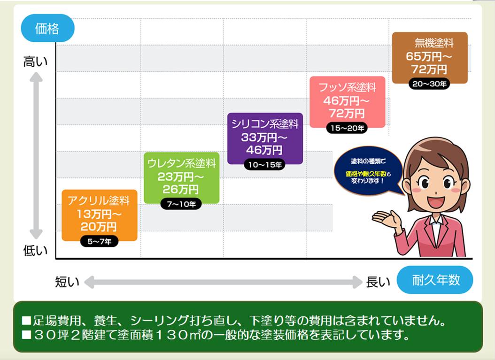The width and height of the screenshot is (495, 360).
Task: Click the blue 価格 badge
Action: click(x=48, y=28)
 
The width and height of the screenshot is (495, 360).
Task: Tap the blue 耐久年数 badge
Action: click(x=435, y=280)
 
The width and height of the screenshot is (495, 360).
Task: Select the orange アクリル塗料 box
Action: click(x=100, y=215)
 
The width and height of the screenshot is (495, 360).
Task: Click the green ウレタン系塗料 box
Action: click(x=182, y=177)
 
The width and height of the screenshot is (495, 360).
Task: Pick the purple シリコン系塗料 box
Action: click(x=265, y=138)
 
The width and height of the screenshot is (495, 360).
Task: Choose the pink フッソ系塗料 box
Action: click(x=347, y=102)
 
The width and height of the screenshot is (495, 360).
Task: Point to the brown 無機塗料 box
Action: click(x=430, y=58)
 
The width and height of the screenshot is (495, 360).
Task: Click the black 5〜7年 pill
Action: click(x=100, y=241)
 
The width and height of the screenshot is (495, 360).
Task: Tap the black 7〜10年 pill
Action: click(x=181, y=204)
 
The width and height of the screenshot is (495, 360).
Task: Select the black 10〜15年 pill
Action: click(x=264, y=165)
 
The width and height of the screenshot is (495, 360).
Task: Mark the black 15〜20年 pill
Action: click(x=347, y=128)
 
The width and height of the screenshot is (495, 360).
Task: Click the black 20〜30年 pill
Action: click(x=429, y=84)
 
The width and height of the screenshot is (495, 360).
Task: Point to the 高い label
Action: click(x=35, y=61)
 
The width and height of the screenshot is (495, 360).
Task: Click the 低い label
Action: click(x=35, y=251)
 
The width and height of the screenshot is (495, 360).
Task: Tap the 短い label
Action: click(x=67, y=282)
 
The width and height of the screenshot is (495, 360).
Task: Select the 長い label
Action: click(x=378, y=282)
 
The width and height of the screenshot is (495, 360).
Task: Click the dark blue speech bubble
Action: click(x=368, y=170)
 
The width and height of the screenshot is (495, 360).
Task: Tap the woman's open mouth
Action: click(x=437, y=201)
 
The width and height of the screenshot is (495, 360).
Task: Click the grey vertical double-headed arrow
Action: click(x=36, y=155)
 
